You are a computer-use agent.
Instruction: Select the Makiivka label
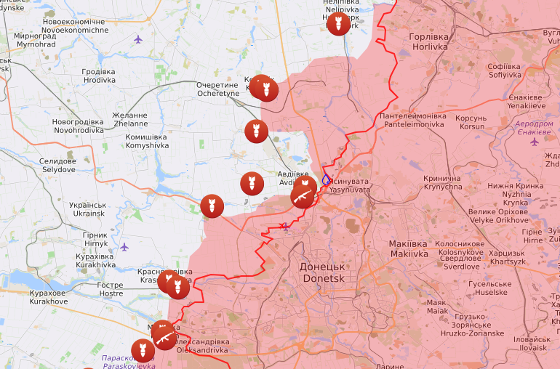pos(408,249)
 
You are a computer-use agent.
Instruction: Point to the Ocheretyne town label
pos(217,89)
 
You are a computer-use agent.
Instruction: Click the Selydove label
pos(57,165)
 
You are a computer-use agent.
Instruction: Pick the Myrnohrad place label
pos(35,40)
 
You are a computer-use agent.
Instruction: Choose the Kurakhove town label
pos(49,296)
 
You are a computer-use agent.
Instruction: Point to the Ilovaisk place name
pos(531,343)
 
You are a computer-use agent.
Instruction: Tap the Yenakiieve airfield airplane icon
pos(535,142)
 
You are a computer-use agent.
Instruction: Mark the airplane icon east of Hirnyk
pos(124,247)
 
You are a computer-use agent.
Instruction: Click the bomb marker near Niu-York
pos(337,23)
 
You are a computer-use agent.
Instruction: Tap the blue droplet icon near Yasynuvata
pos(327,178)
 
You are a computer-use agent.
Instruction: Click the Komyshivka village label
pos(147,141)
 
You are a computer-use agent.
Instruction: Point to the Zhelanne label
pos(130,120)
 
